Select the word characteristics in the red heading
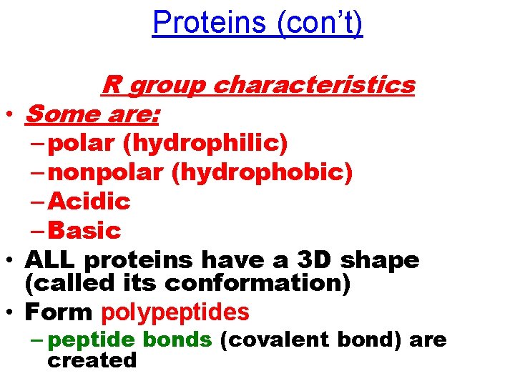[x=314, y=85]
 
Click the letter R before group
[x=111, y=85]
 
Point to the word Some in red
[x=60, y=114]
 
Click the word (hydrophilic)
[x=205, y=144]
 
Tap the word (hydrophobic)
[x=262, y=173]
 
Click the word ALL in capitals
[x=49, y=260]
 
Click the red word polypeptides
[x=175, y=312]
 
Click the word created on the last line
[x=92, y=360]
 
